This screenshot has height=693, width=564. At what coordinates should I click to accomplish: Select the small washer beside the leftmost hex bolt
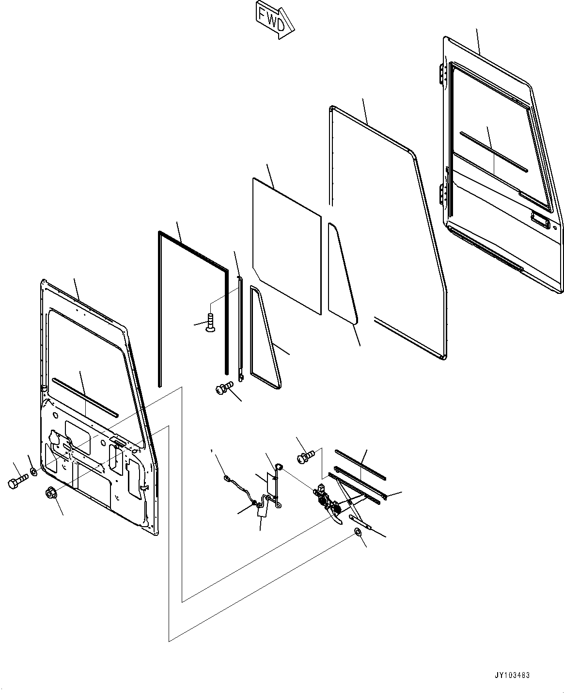(x=32, y=471)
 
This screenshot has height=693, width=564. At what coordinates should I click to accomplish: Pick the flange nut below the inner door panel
(x=50, y=494)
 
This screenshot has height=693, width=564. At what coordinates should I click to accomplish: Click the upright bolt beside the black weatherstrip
(x=209, y=323)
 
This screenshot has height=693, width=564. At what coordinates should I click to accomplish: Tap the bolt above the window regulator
(x=305, y=456)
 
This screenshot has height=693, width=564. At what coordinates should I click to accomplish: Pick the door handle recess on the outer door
(x=540, y=220)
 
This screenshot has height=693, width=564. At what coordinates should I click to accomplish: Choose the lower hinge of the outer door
(x=442, y=194)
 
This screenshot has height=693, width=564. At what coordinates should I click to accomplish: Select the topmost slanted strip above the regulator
(x=360, y=465)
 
